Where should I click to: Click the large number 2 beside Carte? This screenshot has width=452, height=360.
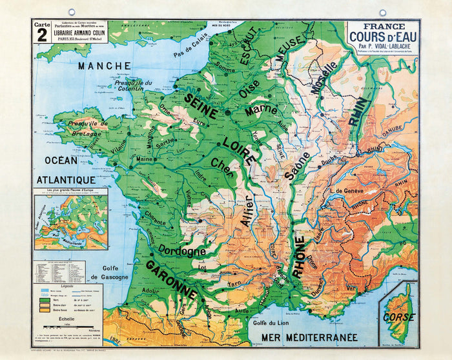click(42, 35)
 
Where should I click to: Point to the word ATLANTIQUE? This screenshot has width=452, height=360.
click(66, 180)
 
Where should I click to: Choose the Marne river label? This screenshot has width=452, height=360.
click(261, 110)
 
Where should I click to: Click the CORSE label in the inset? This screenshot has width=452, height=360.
click(398, 317)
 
